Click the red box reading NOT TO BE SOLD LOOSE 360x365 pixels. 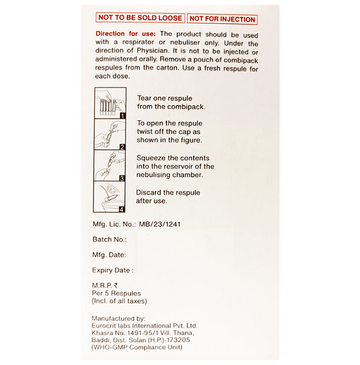pyautogui.click(x=140, y=18)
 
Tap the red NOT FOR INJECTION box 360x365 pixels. pyautogui.click(x=222, y=19)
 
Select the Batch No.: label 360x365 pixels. pyautogui.click(x=109, y=239)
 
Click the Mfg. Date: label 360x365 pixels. pyautogui.click(x=109, y=255)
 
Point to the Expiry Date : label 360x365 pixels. pyautogui.click(x=113, y=271)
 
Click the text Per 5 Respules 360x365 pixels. pyautogui.click(x=116, y=294)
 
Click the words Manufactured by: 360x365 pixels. pyautogui.click(x=118, y=319)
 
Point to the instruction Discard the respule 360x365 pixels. pyautogui.click(x=167, y=193)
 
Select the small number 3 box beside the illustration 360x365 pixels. pyautogui.click(x=121, y=178)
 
